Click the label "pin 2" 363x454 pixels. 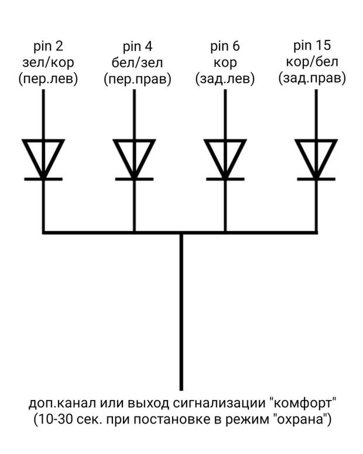[48, 46]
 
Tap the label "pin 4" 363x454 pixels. [138, 47]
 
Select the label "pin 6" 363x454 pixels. [225, 46]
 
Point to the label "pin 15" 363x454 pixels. [312, 46]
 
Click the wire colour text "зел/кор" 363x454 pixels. [48, 63]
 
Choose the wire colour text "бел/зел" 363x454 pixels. [138, 63]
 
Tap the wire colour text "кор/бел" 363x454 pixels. [312, 62]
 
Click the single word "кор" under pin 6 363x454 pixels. [225, 63]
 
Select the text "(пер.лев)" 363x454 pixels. [48, 78]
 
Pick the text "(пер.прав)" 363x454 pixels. [138, 79]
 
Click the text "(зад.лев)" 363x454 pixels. [225, 78]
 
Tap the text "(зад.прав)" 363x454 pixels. [312, 78]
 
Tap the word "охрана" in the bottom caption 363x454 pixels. [300, 419]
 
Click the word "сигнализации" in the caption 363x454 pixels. [219, 404]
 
